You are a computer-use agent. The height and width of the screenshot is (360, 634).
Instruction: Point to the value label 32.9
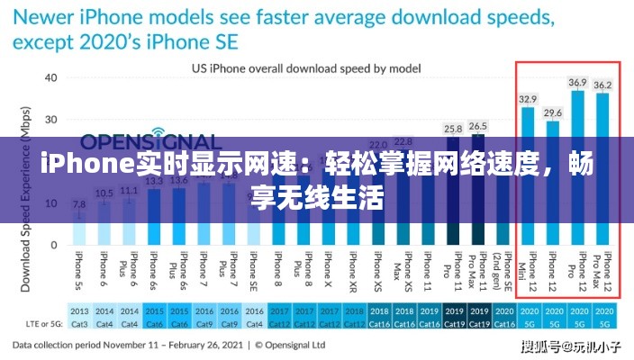pyautogui.click(x=528, y=99)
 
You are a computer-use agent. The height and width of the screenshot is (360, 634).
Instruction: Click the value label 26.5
pyautogui.click(x=478, y=126)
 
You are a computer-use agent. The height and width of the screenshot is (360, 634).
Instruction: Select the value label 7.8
pyautogui.click(x=79, y=204)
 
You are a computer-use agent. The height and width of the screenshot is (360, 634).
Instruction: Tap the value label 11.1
pyautogui.click(x=129, y=190)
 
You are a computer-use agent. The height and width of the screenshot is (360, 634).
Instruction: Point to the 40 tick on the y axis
pyautogui.click(x=50, y=78)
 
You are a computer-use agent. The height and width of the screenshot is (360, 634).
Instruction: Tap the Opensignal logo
pyautogui.click(x=149, y=141)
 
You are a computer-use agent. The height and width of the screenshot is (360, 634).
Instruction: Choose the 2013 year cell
pyautogui.click(x=79, y=310)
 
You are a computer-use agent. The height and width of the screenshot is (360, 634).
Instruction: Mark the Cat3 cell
pyautogui.click(x=79, y=323)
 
